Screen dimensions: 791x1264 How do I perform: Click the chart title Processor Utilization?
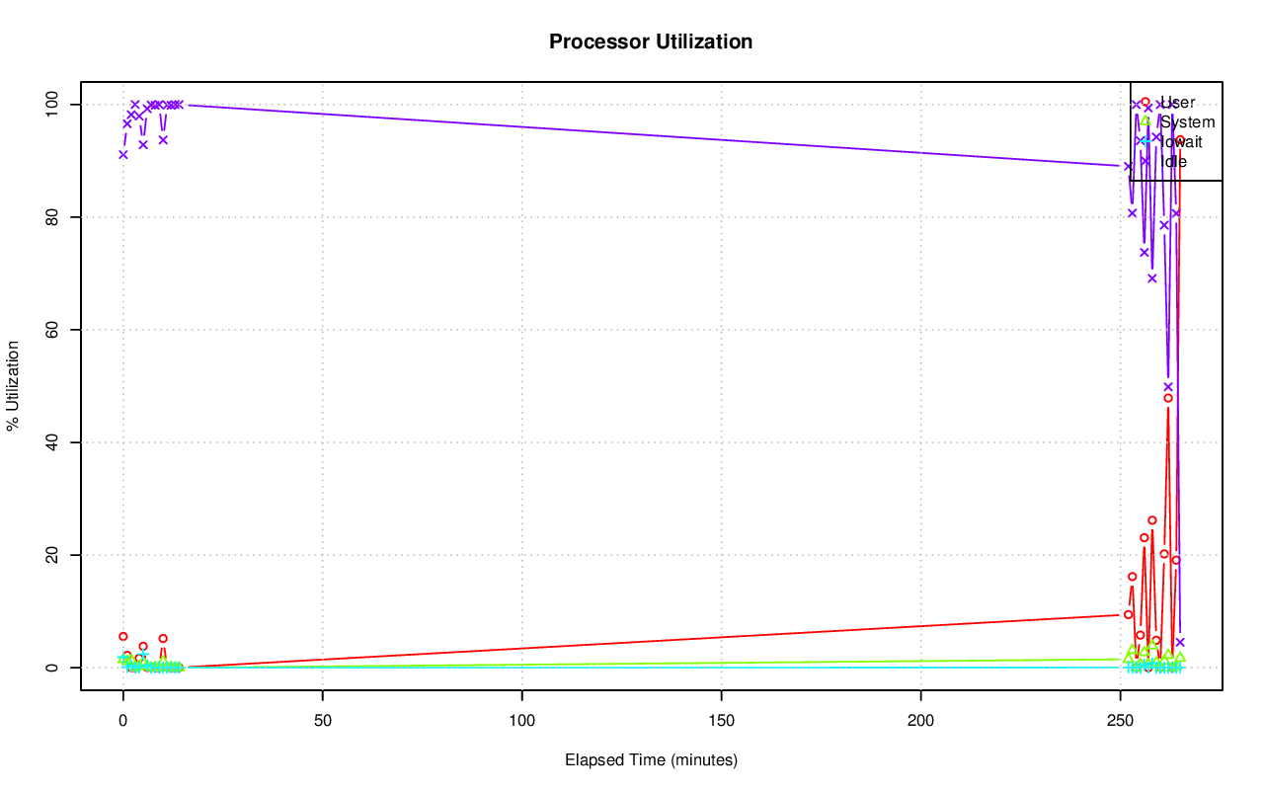click(651, 42)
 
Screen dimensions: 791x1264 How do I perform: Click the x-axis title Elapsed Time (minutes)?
click(651, 760)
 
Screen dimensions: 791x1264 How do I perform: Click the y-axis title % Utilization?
click(14, 386)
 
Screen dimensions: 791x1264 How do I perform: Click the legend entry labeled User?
click(1177, 103)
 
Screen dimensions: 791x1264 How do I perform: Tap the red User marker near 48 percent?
click(1168, 398)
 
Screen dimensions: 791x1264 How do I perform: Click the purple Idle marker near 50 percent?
click(1168, 386)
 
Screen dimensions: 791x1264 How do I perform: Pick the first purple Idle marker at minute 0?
click(122, 154)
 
